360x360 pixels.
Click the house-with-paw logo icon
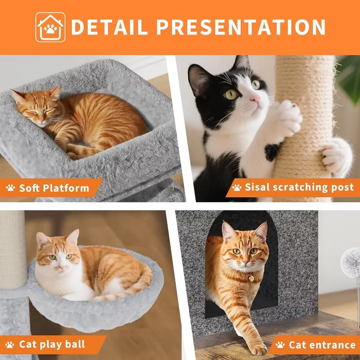(50, 27)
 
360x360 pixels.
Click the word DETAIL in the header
(109, 27)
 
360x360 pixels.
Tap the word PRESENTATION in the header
(240, 27)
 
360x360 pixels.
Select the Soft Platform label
(54, 188)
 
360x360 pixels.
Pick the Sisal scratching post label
(300, 187)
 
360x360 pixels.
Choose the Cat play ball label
(52, 345)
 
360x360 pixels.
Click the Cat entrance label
(322, 345)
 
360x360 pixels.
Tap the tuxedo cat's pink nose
(255, 99)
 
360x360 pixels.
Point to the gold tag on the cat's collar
(251, 278)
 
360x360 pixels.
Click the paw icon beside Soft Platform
(11, 188)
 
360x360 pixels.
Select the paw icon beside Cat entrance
(280, 345)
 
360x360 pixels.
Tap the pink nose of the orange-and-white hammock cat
(62, 268)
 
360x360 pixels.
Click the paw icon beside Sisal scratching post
(237, 188)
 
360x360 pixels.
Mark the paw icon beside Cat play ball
(10, 345)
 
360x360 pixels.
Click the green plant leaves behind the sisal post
(349, 76)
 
